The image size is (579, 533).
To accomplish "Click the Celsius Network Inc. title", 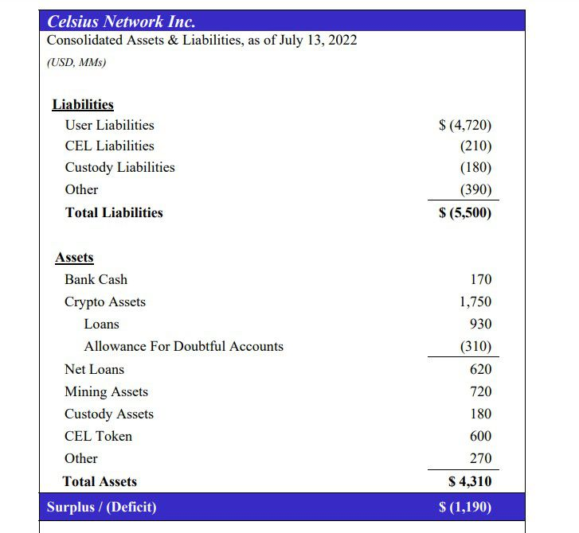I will coord(121,21).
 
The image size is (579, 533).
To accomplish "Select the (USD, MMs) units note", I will coord(76,62).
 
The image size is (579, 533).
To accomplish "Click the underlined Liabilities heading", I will coord(83,104).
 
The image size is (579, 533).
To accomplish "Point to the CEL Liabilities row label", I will coord(110,146).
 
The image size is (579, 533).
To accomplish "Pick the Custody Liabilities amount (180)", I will coord(475,167).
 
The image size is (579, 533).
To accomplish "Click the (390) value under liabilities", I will coord(475,189).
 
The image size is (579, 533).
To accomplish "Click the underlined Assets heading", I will coord(74,257).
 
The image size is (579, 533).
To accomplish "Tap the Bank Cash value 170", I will coord(481,279).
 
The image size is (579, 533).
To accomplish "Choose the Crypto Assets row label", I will coord(105,302).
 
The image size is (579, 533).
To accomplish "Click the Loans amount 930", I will coord(481,324).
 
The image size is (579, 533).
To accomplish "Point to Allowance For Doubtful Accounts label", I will coord(184,346).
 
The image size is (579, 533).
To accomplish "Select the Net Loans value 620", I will coord(481,369).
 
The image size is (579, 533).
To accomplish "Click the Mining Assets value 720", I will coord(481,391).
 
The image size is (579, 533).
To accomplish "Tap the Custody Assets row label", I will coord(109,414).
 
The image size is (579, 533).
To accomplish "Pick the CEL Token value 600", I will coord(481,436).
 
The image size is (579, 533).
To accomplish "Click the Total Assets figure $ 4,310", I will coord(470,481).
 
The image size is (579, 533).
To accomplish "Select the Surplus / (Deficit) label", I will coord(102,507).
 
